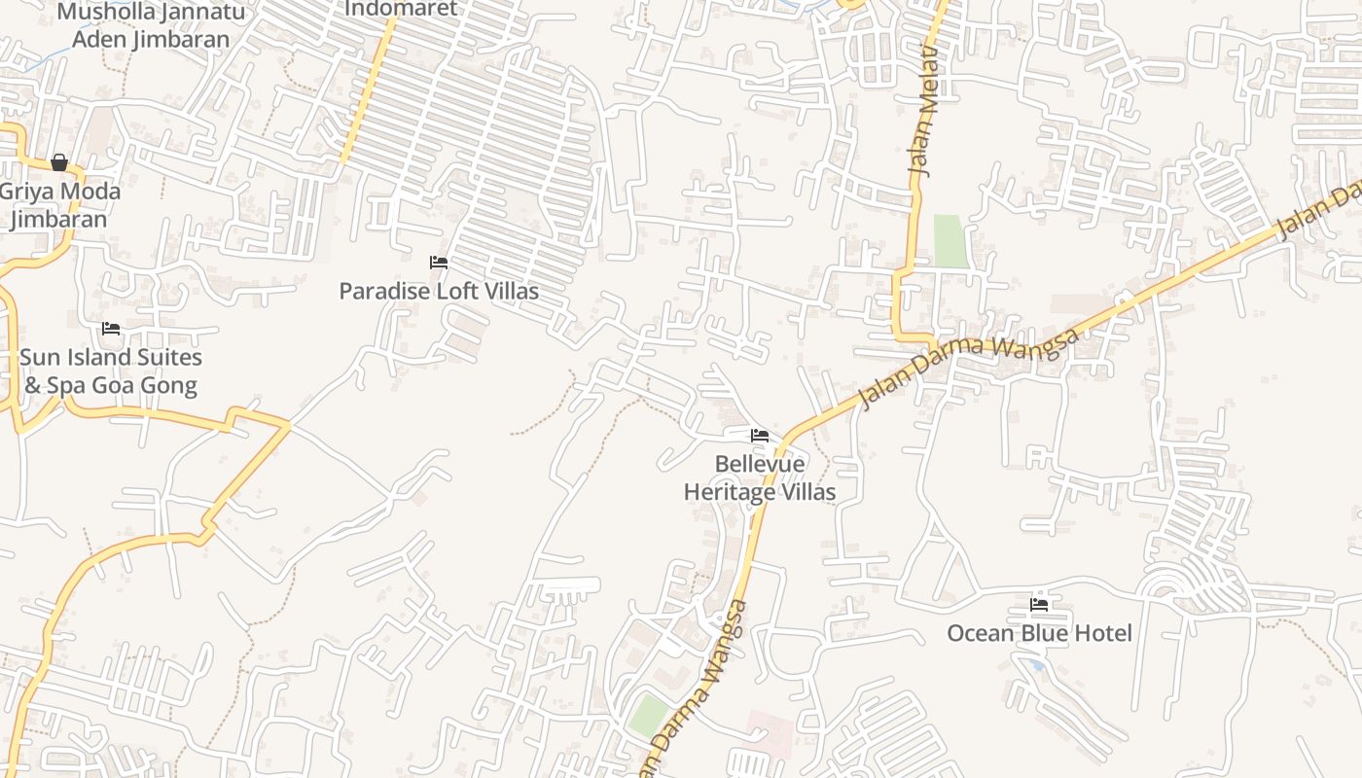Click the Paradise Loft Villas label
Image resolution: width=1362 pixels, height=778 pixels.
[439, 290]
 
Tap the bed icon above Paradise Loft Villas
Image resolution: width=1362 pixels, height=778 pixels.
[439, 262]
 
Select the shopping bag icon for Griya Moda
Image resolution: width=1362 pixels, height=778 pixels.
[59, 162]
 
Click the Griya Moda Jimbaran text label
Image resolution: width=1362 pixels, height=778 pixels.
[60, 204]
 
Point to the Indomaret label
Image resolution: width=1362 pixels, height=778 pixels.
[401, 9]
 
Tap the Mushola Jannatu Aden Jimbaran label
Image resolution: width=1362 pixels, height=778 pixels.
[152, 25]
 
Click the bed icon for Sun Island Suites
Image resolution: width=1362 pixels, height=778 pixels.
[111, 329]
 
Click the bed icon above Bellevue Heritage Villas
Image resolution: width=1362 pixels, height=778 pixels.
[760, 436]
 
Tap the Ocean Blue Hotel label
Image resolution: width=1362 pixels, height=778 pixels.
[1039, 633]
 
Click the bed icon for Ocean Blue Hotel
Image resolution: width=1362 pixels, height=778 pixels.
[1039, 604]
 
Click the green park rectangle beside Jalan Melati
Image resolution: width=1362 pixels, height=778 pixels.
[951, 241]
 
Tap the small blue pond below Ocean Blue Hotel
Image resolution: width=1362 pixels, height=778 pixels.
[1034, 664]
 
